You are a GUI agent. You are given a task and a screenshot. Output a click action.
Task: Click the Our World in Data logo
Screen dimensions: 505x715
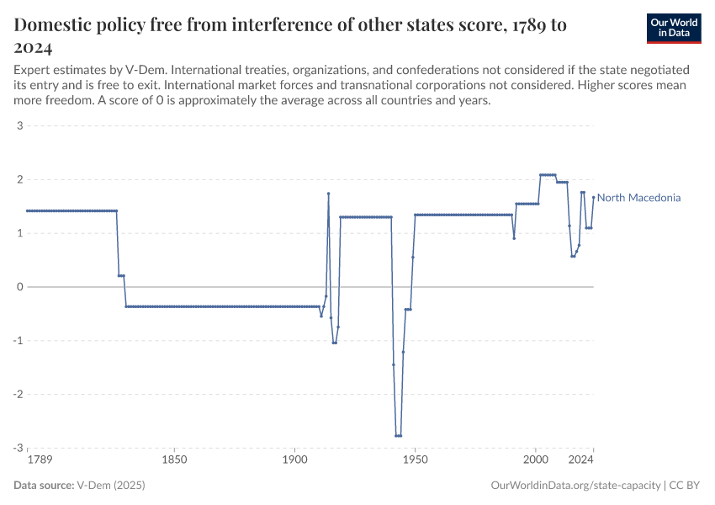[x=673, y=28]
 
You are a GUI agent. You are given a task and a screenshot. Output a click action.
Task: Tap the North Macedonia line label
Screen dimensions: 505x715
[x=638, y=198]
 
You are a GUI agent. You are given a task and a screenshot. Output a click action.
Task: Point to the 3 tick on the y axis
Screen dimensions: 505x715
[x=19, y=126]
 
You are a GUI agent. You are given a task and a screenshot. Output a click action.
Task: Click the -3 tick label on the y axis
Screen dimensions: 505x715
[x=17, y=448]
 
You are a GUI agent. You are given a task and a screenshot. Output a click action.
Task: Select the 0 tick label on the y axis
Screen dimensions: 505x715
[x=19, y=287]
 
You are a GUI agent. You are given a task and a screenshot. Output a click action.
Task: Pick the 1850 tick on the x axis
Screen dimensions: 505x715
[x=174, y=460]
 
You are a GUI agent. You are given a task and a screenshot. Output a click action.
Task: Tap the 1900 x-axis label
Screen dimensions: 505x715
[x=294, y=460]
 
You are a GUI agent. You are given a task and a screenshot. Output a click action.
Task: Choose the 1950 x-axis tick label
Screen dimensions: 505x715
[x=415, y=460]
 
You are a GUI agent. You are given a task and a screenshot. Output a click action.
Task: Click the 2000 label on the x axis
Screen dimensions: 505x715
[x=535, y=460]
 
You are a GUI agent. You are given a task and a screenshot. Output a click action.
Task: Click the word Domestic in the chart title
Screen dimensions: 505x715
[x=55, y=25]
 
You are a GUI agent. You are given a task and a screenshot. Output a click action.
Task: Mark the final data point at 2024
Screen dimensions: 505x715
[x=593, y=198]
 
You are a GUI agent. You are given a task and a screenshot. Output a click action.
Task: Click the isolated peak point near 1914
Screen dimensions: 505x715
[x=328, y=194]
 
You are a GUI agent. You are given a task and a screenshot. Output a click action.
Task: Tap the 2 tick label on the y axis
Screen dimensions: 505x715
[x=19, y=180]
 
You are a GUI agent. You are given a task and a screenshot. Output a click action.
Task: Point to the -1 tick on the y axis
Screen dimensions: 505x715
[x=17, y=341]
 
